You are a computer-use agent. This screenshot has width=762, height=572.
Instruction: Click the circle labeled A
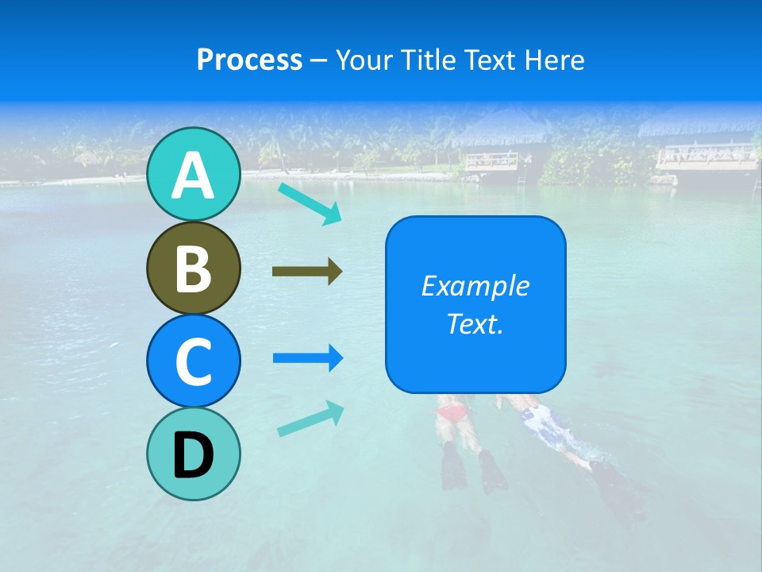(x=193, y=174)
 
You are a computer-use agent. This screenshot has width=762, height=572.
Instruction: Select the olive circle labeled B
(x=193, y=268)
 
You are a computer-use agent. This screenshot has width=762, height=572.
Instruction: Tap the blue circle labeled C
(x=193, y=361)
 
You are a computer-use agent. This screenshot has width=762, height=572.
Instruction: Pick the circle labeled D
(x=193, y=454)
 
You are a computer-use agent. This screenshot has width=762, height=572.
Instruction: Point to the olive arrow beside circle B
(x=307, y=272)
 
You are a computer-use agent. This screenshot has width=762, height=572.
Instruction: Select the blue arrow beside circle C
(x=307, y=358)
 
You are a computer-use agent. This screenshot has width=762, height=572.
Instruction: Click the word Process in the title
(x=249, y=60)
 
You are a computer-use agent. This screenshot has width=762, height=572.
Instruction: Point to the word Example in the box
(x=475, y=286)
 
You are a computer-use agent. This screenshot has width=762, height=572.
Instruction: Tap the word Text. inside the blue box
(x=475, y=323)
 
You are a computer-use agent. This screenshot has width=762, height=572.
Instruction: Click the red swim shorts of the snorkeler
(x=452, y=412)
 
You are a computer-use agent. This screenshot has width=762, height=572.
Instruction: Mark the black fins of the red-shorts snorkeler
(x=473, y=469)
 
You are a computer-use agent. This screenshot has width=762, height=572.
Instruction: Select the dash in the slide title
(x=319, y=60)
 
